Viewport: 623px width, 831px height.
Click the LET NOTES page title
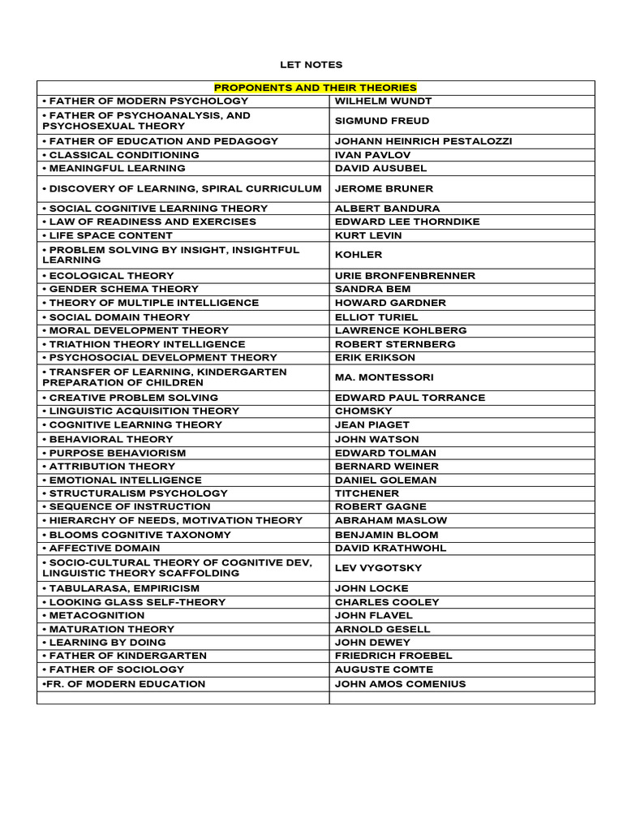point(311,64)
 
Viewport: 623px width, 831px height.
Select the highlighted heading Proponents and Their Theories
point(315,88)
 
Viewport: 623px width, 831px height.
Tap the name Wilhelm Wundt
point(383,101)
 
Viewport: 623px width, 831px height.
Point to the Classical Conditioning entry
point(122,155)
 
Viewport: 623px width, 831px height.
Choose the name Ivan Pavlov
point(372,155)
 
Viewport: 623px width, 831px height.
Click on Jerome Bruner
point(384,188)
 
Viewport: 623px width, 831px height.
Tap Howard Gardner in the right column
point(390,303)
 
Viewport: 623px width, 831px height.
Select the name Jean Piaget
point(372,424)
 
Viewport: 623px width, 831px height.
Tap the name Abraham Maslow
point(390,520)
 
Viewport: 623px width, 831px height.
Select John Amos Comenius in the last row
point(400,683)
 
